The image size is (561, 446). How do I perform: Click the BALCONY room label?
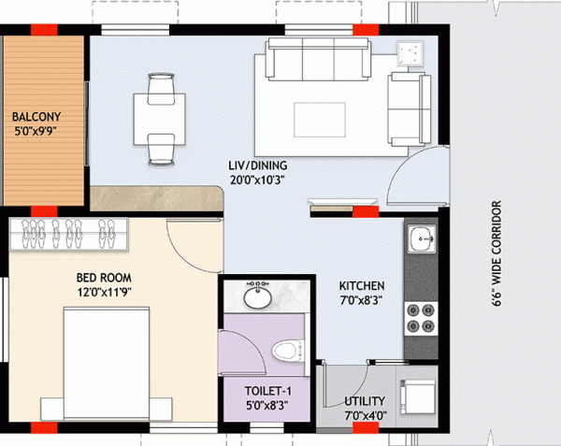click(36, 117)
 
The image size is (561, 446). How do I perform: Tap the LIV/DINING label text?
click(257, 166)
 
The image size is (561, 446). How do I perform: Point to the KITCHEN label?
click(362, 285)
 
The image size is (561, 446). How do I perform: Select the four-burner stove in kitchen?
click(421, 318)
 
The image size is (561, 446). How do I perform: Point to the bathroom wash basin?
click(254, 297)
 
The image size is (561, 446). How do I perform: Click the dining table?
click(160, 117)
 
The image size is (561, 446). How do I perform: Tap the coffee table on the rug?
click(319, 117)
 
